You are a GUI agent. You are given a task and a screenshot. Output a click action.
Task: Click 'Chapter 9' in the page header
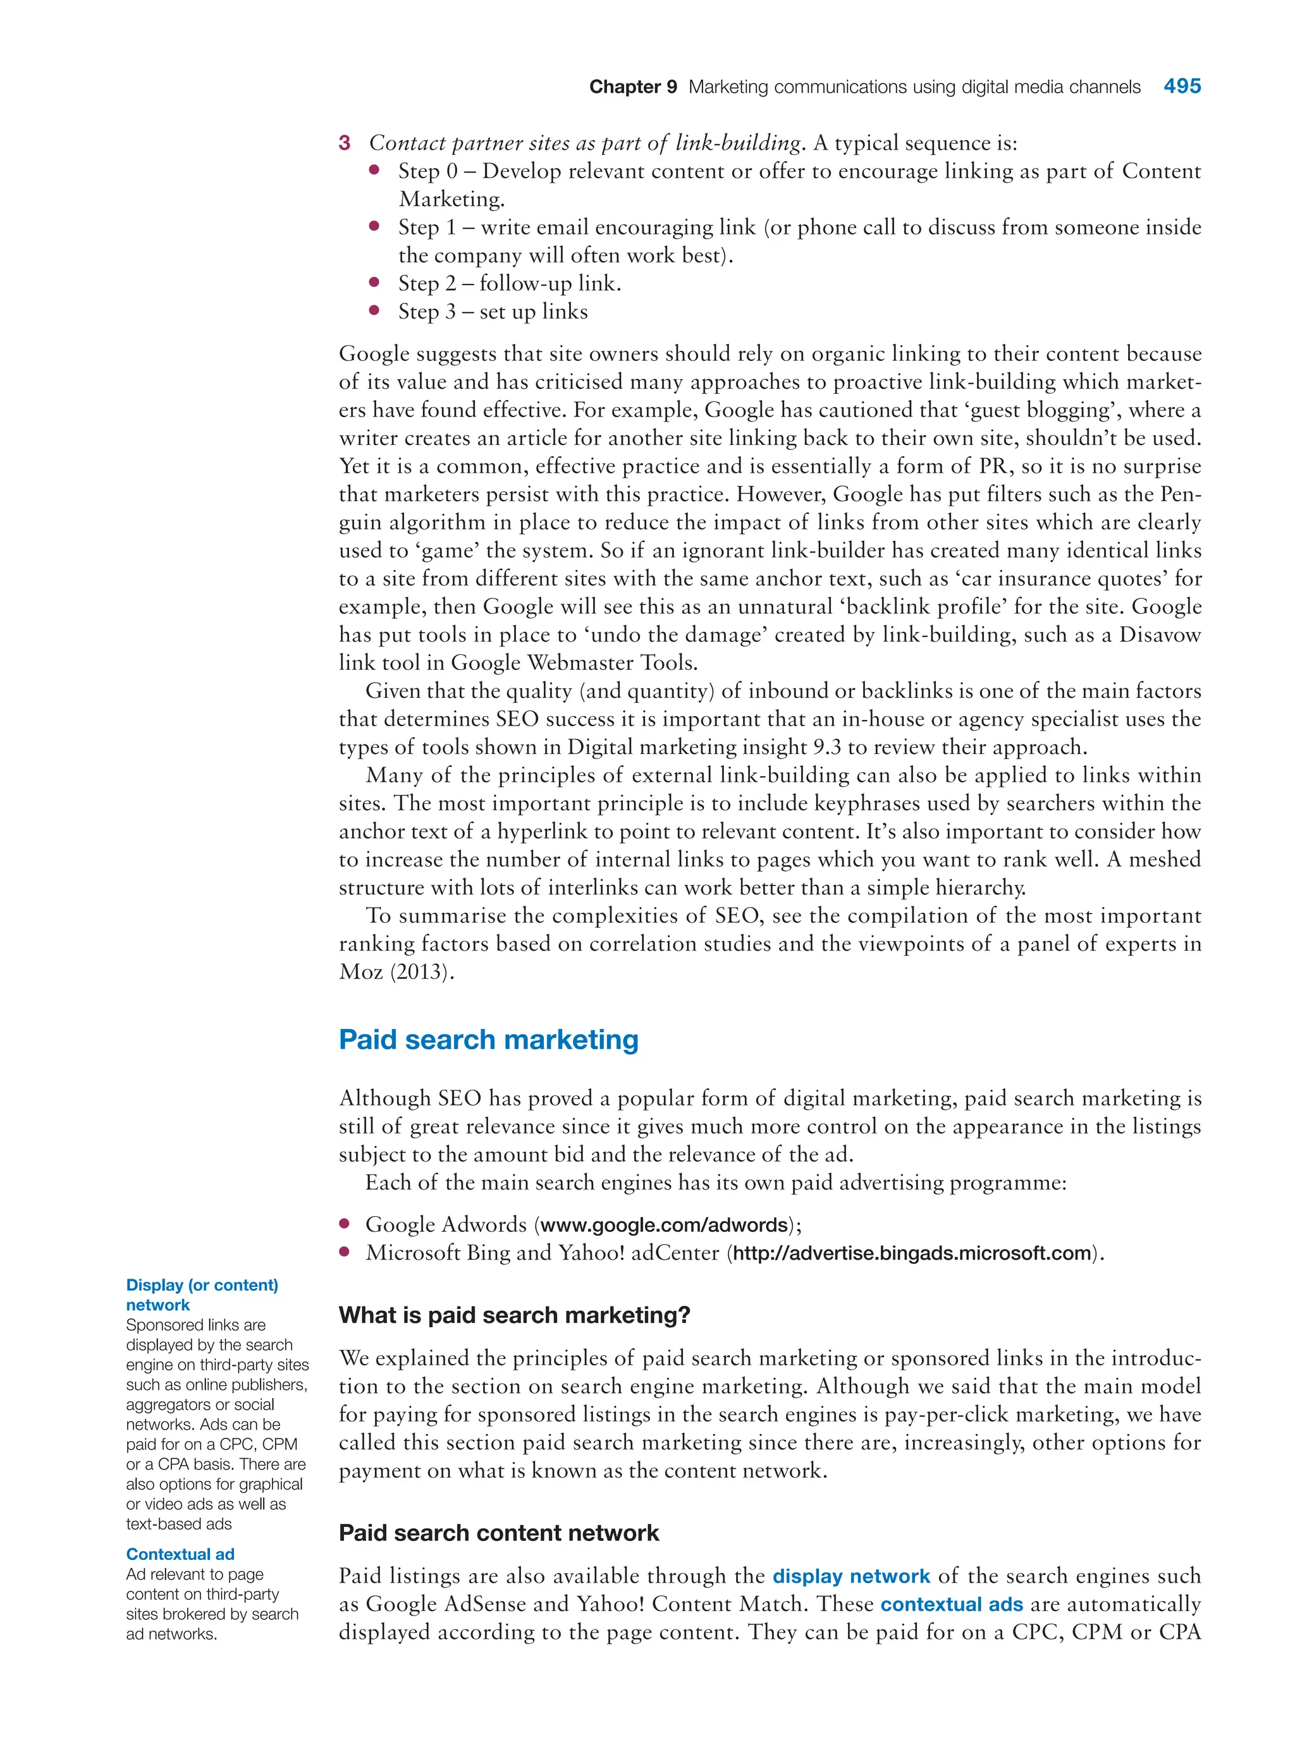click(632, 87)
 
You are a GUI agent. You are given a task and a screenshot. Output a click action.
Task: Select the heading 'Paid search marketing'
click(488, 1040)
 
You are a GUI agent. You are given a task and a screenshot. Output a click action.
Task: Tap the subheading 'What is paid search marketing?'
click(514, 1315)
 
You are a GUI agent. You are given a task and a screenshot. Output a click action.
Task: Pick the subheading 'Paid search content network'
click(498, 1533)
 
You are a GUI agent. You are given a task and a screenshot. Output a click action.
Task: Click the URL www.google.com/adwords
click(663, 1225)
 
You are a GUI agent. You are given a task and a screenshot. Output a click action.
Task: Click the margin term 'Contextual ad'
click(180, 1554)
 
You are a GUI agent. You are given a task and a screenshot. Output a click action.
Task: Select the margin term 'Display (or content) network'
click(202, 1294)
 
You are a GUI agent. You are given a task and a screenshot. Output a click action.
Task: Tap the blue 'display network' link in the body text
click(850, 1576)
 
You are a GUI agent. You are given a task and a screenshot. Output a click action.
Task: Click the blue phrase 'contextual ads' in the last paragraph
click(951, 1604)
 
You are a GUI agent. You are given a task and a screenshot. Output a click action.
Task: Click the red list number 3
click(344, 143)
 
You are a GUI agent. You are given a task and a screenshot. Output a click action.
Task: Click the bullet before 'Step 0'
click(375, 169)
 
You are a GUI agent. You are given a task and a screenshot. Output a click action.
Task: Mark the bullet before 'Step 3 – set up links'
click(375, 310)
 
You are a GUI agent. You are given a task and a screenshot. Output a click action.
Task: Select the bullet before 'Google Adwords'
click(344, 1223)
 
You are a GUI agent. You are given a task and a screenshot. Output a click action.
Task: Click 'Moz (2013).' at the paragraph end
click(396, 971)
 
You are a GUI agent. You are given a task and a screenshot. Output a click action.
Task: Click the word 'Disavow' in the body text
click(1160, 634)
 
